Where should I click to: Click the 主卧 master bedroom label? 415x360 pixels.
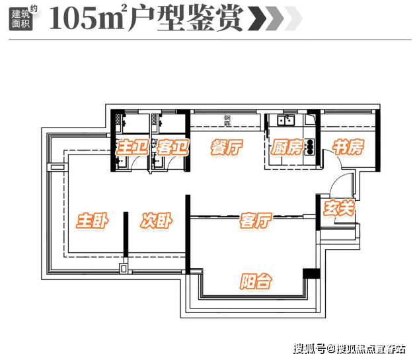coord(92,221)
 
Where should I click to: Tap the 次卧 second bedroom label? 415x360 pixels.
coord(156,221)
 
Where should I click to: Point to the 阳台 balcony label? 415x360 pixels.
coord(255,281)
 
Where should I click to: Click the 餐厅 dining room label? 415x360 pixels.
coord(226,148)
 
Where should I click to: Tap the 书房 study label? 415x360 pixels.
coord(348,147)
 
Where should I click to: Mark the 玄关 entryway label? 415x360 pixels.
coord(339,209)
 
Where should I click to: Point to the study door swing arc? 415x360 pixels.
coord(326,158)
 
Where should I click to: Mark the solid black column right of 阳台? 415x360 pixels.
coord(308,274)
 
